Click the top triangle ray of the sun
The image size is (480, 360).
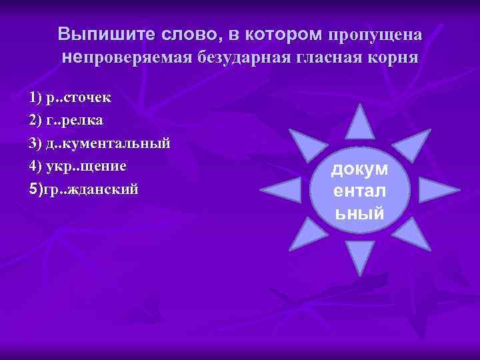pyautogui.click(x=361, y=123)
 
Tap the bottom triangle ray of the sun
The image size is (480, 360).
pyautogui.click(x=361, y=257)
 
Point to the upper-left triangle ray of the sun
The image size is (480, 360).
pyautogui.click(x=309, y=141)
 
